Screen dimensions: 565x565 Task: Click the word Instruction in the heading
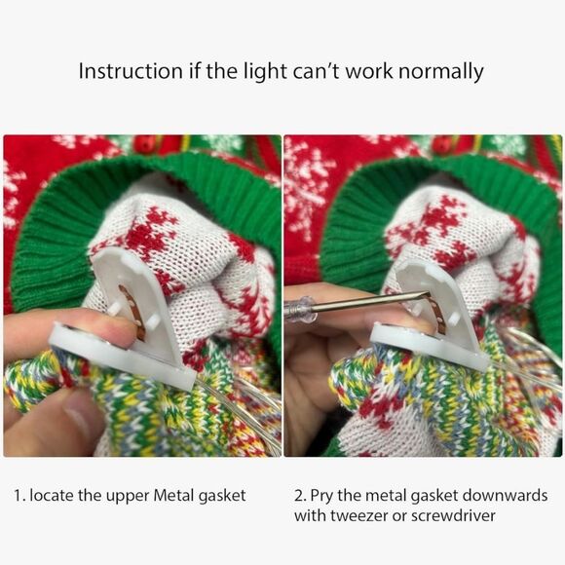131,70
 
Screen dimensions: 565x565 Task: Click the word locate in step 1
53,495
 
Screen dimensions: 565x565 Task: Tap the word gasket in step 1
222,497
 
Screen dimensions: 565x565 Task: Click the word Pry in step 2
322,496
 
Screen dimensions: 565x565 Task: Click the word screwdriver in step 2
453,515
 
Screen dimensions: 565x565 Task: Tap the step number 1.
19,496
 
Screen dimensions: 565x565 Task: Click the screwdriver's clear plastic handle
300,308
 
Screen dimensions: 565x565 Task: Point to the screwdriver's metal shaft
371,301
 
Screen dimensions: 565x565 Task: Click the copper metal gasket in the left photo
132,312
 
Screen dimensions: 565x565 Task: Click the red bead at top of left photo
144,144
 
